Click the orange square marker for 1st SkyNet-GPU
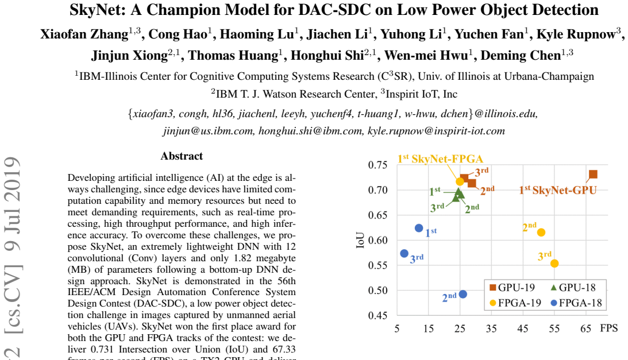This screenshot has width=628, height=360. click(x=593, y=174)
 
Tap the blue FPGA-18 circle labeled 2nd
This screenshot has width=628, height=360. click(x=463, y=295)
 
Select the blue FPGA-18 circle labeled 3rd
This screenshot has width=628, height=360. click(x=404, y=253)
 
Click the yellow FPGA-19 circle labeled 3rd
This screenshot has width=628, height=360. click(x=554, y=264)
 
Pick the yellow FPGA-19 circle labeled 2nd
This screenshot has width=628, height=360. click(x=541, y=233)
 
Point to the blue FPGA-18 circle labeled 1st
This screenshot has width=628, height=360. click(x=419, y=229)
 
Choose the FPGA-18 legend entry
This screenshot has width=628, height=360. click(x=576, y=303)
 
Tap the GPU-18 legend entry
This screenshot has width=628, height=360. click(x=573, y=288)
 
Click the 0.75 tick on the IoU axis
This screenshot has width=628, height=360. click(x=377, y=165)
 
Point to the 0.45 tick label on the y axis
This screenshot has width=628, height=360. click(x=377, y=316)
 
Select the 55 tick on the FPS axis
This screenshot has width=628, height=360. click(x=554, y=329)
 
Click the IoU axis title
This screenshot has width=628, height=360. click(x=360, y=240)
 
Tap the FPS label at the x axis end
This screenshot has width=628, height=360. click(x=609, y=328)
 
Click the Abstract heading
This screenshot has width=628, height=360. click(x=182, y=156)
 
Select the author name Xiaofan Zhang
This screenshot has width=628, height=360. click(x=84, y=34)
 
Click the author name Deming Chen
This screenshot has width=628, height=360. click(x=521, y=55)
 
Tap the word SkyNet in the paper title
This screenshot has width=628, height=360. click(x=97, y=10)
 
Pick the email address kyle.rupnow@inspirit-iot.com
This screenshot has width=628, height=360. click(x=436, y=131)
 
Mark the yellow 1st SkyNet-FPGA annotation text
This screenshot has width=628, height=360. click(x=440, y=159)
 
